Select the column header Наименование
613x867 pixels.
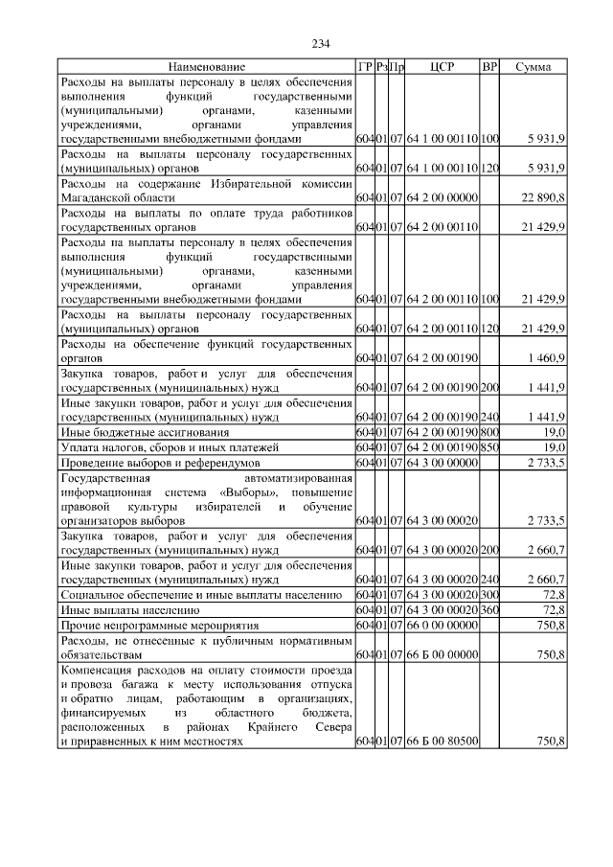(x=206, y=67)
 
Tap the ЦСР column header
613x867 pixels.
(x=443, y=67)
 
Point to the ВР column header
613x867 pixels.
(x=489, y=67)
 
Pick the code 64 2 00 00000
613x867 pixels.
(x=443, y=197)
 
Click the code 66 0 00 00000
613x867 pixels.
(x=443, y=624)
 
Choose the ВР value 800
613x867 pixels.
(x=489, y=433)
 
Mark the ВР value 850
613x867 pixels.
(x=489, y=447)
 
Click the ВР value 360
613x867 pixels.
(x=489, y=608)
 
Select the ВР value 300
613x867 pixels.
(x=489, y=594)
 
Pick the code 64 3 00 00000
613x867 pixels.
(x=443, y=463)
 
